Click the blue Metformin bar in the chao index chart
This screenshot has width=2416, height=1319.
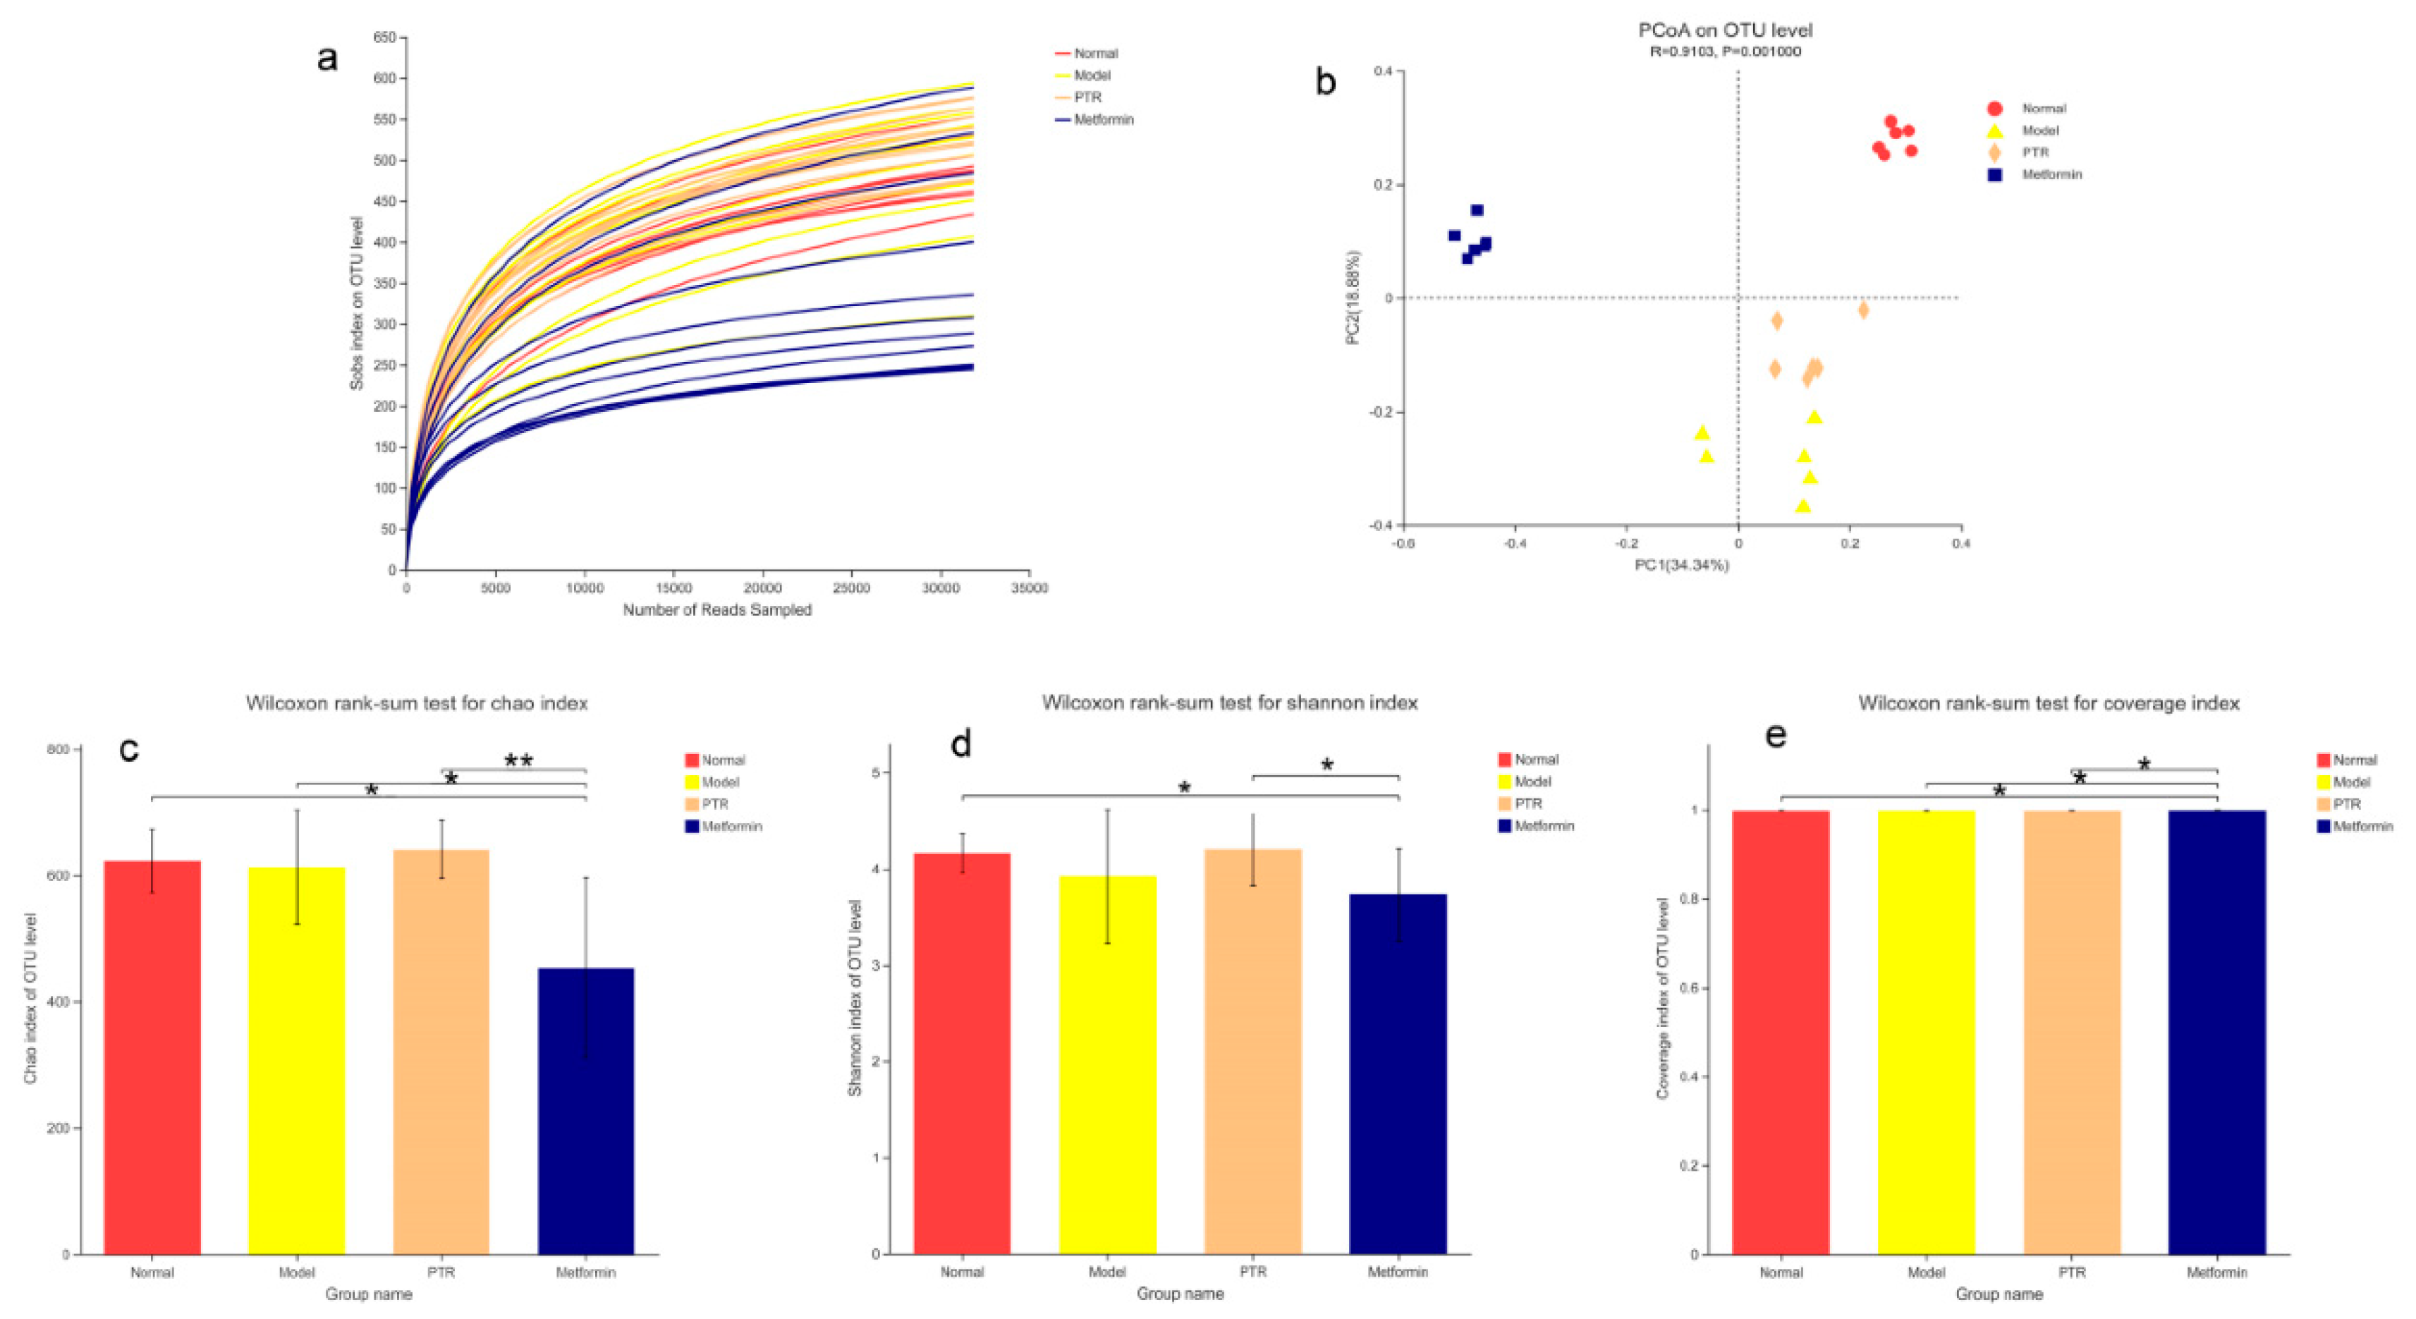[585, 1112]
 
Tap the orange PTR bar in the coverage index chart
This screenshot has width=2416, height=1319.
[2072, 1032]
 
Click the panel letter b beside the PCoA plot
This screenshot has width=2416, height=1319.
[1325, 83]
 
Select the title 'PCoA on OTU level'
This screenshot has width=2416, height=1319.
[1725, 31]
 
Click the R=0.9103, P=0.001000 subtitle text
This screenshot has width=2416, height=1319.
[1725, 51]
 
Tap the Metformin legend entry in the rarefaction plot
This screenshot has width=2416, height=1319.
[1103, 119]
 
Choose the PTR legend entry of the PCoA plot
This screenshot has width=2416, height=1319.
[2034, 152]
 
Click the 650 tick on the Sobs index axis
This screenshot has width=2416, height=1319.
[384, 37]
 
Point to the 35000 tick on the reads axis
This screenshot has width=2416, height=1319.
[1029, 588]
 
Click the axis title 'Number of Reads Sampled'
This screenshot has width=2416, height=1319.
[717, 610]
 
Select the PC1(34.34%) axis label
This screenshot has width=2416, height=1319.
[1682, 565]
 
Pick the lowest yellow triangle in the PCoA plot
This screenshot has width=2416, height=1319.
[1802, 506]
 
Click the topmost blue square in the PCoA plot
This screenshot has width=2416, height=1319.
[1477, 210]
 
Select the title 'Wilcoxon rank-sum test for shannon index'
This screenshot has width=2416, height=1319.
[1230, 703]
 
